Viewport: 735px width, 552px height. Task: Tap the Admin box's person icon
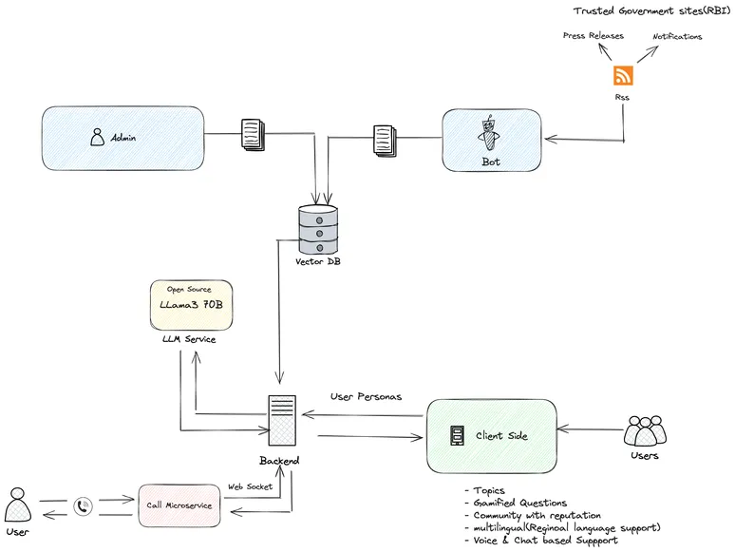(97, 138)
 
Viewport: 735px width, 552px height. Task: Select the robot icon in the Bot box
(489, 136)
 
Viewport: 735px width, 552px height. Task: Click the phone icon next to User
(85, 506)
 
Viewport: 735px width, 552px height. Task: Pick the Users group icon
(646, 432)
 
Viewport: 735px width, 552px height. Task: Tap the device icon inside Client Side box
(456, 436)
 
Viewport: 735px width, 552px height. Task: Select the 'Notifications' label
(677, 36)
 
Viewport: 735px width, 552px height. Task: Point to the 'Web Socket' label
(250, 486)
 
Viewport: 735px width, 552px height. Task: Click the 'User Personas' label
(366, 395)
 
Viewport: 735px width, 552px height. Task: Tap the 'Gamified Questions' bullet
(518, 503)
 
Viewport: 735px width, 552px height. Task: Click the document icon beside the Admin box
(252, 134)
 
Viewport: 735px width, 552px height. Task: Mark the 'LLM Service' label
(189, 339)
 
